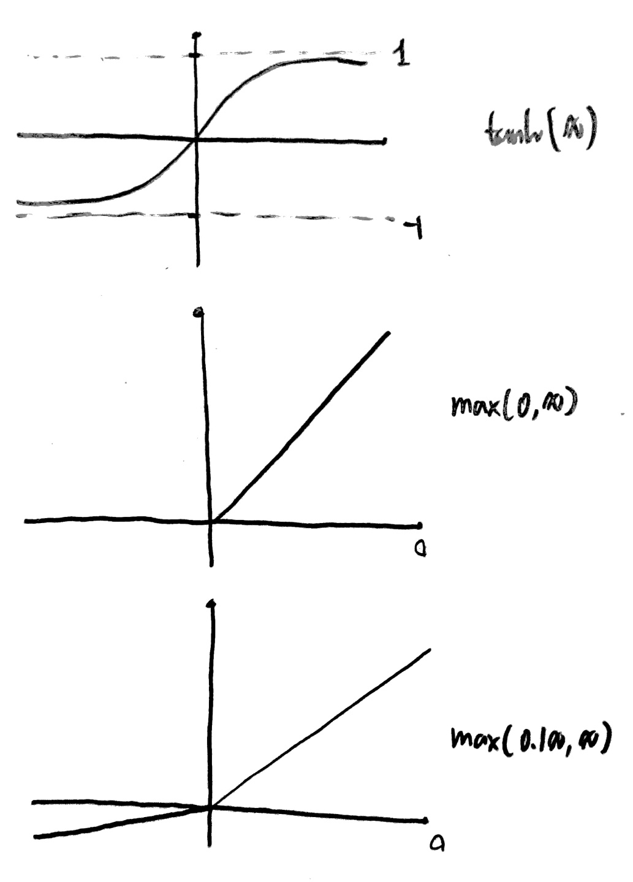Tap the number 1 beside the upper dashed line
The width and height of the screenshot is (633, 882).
(x=402, y=55)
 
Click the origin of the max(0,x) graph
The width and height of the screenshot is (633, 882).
(x=211, y=522)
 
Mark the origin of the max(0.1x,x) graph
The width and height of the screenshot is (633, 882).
(x=210, y=807)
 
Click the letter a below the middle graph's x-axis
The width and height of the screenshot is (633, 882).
(x=420, y=551)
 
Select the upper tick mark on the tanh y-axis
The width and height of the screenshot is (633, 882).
(x=195, y=56)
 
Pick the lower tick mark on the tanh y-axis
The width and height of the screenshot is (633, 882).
(x=195, y=215)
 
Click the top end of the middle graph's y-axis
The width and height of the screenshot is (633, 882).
(x=197, y=313)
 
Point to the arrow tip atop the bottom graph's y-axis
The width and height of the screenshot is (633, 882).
(x=211, y=604)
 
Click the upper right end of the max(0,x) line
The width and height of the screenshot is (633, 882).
(x=389, y=333)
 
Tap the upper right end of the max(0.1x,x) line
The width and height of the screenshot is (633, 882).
(x=430, y=649)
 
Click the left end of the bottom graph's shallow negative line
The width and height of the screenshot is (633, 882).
(x=36, y=835)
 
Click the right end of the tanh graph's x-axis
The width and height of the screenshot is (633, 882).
(x=384, y=141)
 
